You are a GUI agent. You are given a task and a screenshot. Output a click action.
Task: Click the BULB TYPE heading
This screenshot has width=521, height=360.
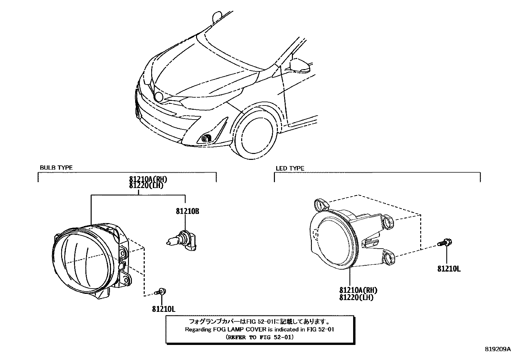(x=56, y=167)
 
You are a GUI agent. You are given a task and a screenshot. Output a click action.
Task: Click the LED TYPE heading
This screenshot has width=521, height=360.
(x=290, y=168)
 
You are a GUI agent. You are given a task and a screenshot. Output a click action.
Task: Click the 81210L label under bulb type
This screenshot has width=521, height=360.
(x=164, y=309)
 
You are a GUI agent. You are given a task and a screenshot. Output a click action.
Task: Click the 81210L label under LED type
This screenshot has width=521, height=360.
(x=449, y=269)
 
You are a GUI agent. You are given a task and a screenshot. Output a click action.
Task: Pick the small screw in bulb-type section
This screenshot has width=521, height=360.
(x=161, y=290)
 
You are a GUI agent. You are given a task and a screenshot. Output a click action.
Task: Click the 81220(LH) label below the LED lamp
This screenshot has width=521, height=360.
(x=356, y=298)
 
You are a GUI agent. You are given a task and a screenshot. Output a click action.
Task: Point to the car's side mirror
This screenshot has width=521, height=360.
(x=299, y=65)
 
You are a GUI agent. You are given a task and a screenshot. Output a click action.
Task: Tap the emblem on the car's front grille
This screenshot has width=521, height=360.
(x=159, y=97)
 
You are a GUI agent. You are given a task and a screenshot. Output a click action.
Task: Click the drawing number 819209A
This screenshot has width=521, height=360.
(x=497, y=349)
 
